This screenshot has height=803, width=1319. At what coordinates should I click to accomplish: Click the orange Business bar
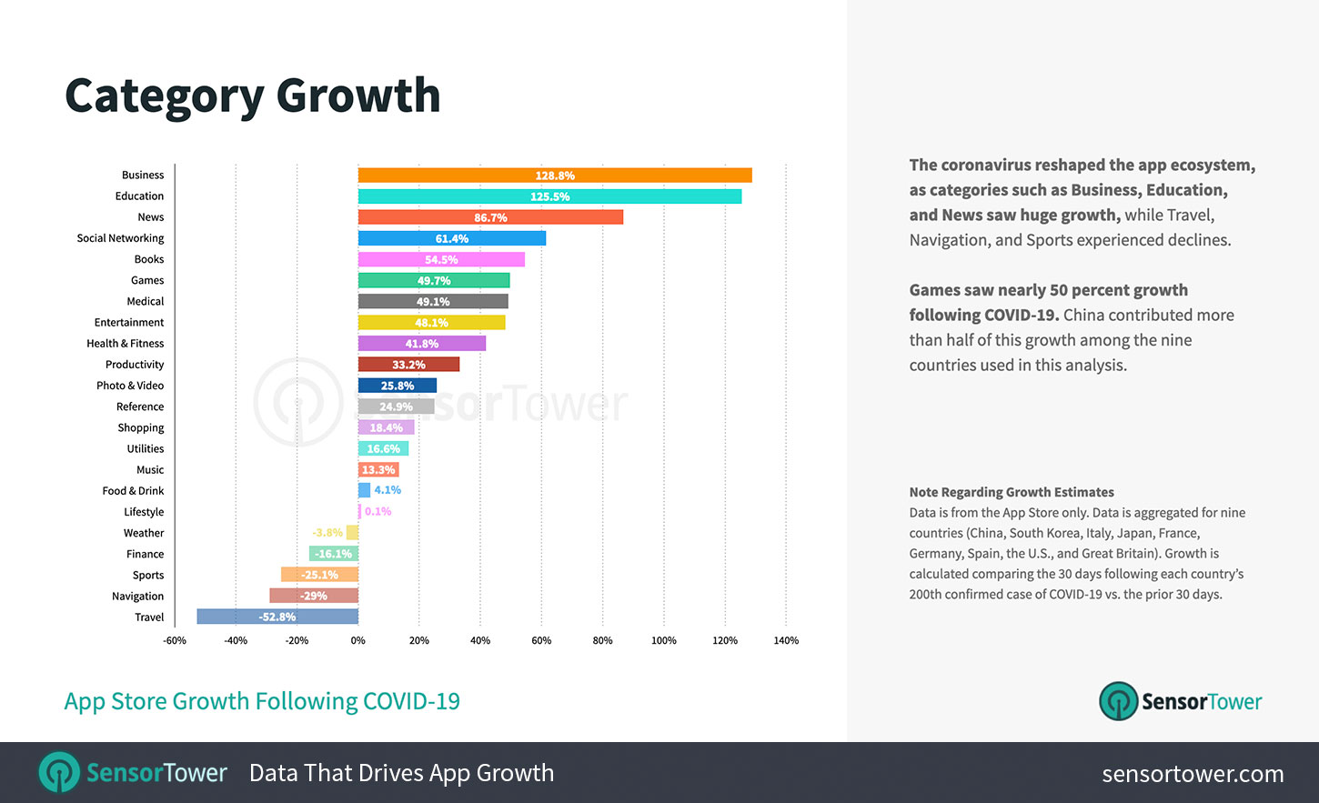click(x=555, y=176)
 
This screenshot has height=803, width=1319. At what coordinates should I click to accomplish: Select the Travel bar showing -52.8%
click(x=277, y=617)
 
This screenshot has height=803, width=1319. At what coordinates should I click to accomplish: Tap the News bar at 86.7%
click(x=490, y=217)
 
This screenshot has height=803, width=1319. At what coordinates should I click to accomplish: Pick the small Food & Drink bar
click(x=364, y=490)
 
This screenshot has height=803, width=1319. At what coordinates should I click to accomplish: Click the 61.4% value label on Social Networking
click(x=452, y=238)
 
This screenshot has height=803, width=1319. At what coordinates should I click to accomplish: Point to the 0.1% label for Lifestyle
click(x=378, y=511)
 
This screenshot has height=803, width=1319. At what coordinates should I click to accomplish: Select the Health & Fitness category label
click(x=126, y=344)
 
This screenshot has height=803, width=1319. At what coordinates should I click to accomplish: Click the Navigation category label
click(x=138, y=597)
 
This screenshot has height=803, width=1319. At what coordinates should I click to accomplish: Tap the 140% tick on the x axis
click(x=786, y=640)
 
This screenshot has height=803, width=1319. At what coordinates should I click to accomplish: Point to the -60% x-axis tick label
click(x=175, y=640)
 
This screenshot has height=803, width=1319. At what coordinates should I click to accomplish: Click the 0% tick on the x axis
click(x=358, y=640)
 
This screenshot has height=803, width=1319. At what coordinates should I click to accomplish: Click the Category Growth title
click(x=253, y=95)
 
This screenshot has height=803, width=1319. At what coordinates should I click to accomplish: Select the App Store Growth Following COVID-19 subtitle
click(x=262, y=701)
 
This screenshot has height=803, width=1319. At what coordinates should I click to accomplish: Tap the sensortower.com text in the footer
click(x=1193, y=774)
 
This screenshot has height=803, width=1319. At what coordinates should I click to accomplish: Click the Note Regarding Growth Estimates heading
click(x=1012, y=492)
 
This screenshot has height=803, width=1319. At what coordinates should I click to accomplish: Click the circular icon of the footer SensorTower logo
click(x=59, y=773)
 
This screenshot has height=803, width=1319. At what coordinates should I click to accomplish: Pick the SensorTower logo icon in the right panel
click(x=1118, y=701)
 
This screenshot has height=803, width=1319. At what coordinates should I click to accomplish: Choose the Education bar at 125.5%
click(x=549, y=196)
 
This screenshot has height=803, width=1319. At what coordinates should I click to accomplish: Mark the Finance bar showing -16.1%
click(x=334, y=554)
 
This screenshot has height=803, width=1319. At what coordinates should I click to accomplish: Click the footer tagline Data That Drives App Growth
click(x=401, y=773)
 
